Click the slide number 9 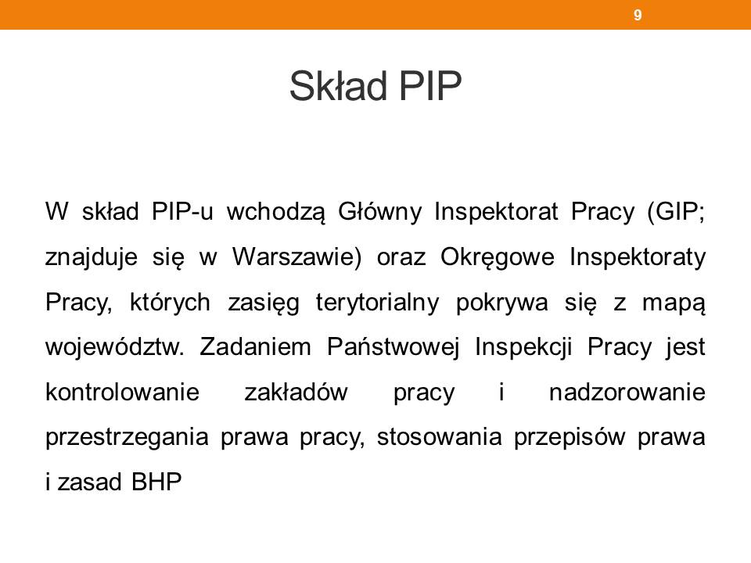tap(638, 15)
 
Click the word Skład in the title tap(338, 86)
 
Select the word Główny tap(380, 212)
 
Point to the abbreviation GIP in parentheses tap(674, 212)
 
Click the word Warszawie tap(296, 256)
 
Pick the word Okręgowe tap(498, 257)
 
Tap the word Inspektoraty tap(638, 257)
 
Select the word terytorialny tap(377, 303)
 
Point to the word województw tap(115, 346)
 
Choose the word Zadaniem tap(255, 346)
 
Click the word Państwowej tap(393, 347)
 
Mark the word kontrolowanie tap(122, 392)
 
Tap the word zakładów tap(296, 392)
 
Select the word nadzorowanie tap(627, 392)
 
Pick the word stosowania tap(439, 437)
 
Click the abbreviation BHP tap(156, 482)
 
